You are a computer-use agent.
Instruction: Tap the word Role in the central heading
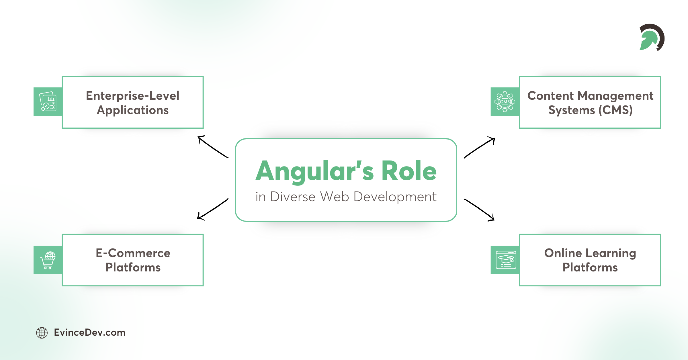(x=409, y=171)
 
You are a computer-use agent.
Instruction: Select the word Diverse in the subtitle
(x=293, y=197)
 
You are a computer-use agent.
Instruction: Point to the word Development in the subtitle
(x=395, y=197)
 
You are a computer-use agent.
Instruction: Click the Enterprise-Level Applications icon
(x=48, y=102)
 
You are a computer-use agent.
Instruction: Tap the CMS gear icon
(x=505, y=102)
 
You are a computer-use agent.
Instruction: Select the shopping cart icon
(x=48, y=260)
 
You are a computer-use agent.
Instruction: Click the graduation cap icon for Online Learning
(x=506, y=260)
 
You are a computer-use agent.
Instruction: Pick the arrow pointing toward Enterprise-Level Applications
(x=212, y=146)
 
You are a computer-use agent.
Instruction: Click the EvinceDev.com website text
(x=90, y=332)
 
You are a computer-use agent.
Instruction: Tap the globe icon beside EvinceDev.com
(x=42, y=333)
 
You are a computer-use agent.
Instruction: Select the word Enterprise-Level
(x=132, y=96)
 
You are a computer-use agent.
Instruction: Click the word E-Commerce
(x=133, y=253)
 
